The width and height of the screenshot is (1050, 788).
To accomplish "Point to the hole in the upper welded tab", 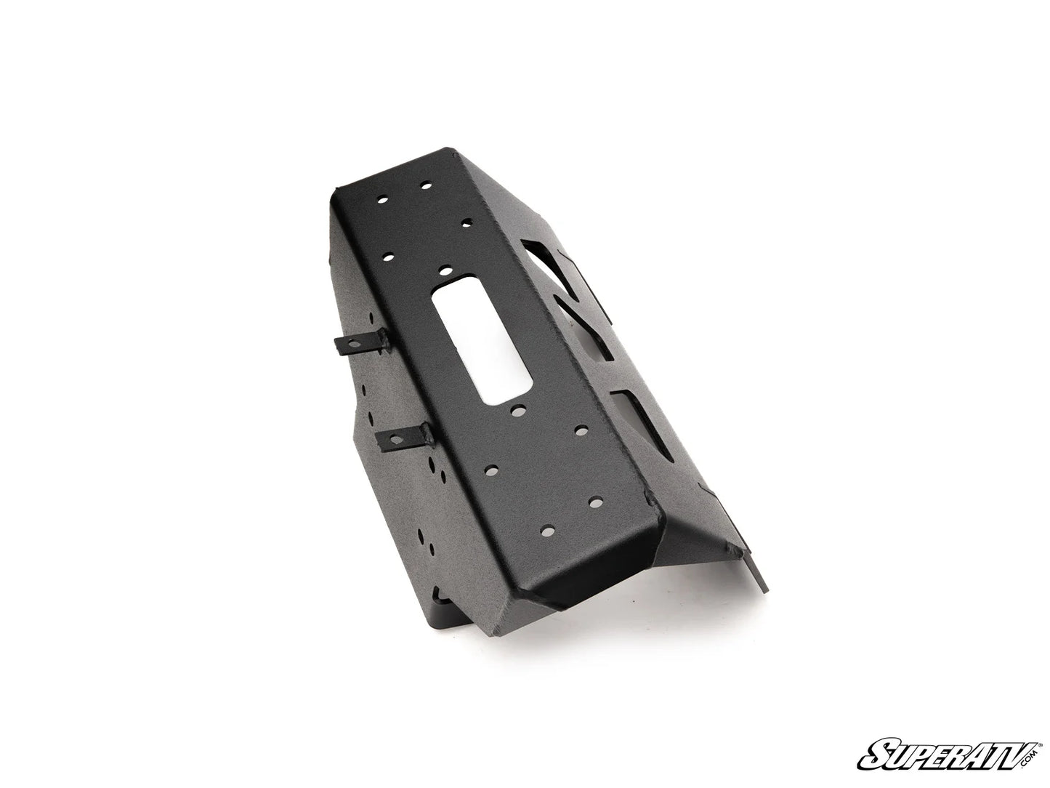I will point(355,343).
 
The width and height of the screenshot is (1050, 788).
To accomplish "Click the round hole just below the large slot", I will point(518,411).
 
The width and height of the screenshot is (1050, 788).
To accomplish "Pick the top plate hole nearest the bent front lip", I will point(549,531).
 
